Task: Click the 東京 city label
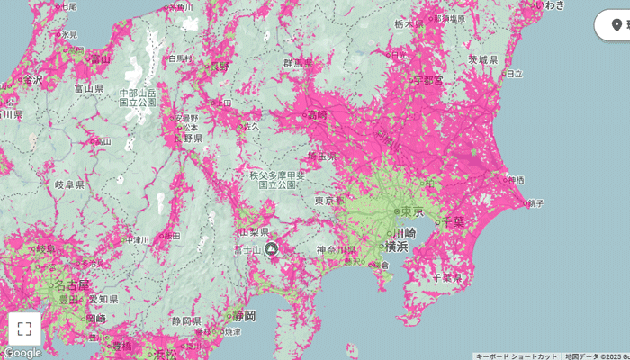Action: click(411, 211)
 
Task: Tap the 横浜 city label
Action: click(397, 246)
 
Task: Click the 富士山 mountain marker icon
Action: click(271, 248)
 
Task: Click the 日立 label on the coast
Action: click(514, 73)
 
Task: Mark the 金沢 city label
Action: click(31, 79)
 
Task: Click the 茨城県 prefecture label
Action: click(482, 59)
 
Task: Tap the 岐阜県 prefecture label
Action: click(69, 184)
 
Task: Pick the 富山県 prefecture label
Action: click(89, 90)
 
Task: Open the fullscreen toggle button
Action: click(24, 328)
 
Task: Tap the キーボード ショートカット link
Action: click(517, 355)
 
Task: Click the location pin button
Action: click(616, 24)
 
